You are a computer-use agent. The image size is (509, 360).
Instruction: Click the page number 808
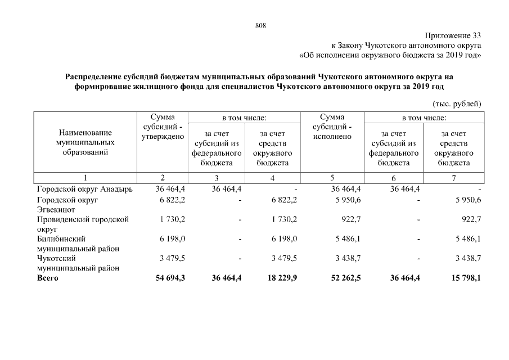[260, 25]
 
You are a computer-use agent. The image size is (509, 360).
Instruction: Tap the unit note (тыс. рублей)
[456, 103]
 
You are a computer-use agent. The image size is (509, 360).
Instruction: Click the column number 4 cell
[272, 178]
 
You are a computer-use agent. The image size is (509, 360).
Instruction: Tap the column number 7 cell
[454, 178]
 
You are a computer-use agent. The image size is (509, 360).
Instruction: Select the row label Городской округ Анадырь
[84, 189]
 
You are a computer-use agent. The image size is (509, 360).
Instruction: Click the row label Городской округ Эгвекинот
[67, 204]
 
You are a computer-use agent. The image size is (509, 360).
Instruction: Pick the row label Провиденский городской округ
[82, 224]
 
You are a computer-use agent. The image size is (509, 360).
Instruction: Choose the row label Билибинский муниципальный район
[78, 244]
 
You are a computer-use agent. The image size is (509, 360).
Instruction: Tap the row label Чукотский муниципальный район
[78, 263]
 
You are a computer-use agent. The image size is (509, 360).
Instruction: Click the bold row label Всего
[47, 278]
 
